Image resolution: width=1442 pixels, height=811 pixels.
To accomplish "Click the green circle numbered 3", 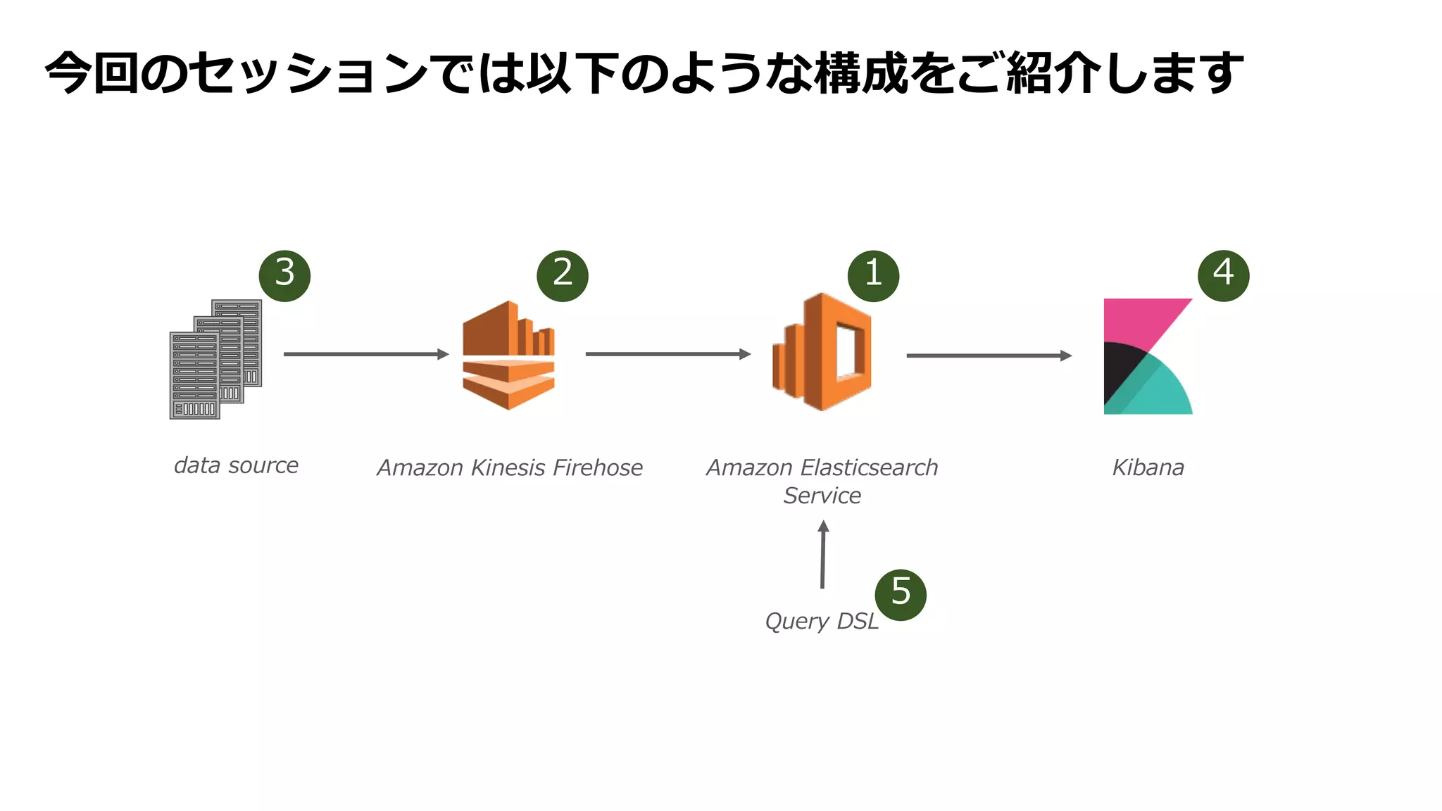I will tap(284, 276).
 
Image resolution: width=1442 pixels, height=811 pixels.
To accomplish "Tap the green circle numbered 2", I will tap(562, 276).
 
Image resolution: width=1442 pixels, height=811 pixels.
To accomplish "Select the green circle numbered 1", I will tap(873, 276).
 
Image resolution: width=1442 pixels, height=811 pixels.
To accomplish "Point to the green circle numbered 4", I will tap(1223, 276).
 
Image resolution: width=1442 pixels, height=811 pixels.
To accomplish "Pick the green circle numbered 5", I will tap(901, 595).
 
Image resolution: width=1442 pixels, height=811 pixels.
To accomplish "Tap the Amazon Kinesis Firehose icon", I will tap(508, 355).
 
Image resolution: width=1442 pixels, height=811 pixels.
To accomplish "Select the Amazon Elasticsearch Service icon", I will tap(822, 352).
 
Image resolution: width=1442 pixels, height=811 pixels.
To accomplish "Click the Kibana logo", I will tap(1148, 356).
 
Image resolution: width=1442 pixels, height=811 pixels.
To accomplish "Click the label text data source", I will tap(236, 465).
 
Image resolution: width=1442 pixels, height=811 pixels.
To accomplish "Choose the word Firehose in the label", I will tap(597, 467).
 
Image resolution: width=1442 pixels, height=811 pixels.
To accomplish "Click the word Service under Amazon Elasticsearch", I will tap(822, 496).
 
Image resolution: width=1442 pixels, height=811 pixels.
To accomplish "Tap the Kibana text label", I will tap(1148, 467).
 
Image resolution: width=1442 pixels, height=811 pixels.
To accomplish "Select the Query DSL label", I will tap(821, 621).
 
